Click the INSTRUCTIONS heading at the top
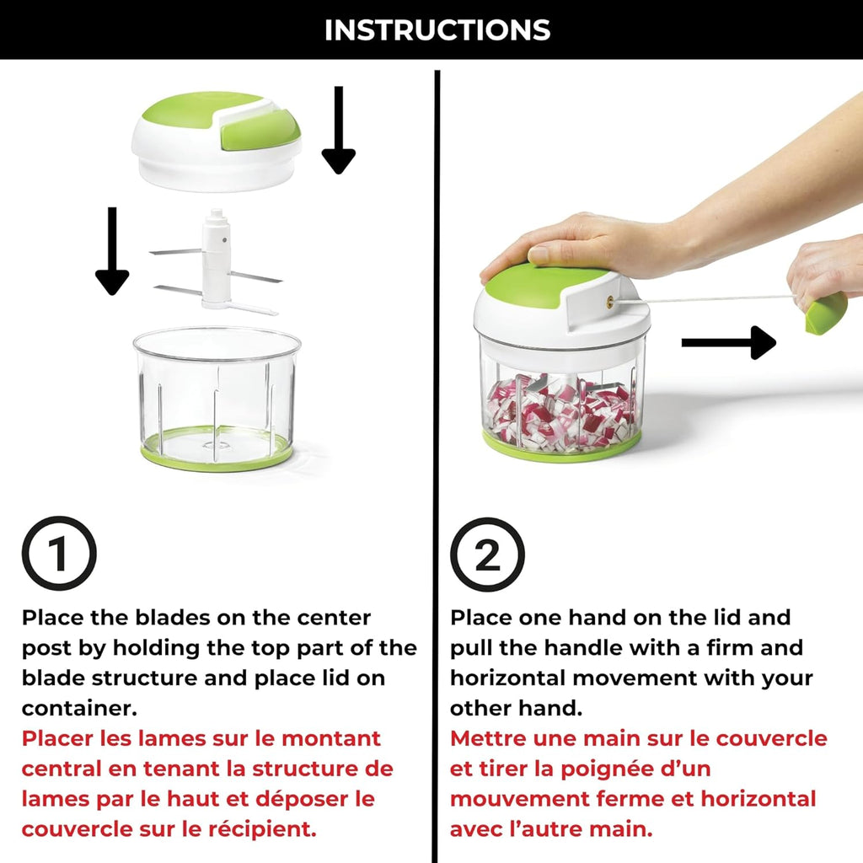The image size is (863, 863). point(437,30)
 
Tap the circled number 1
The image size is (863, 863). point(58,554)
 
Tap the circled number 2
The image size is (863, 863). point(486,554)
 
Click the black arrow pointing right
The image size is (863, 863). point(728,342)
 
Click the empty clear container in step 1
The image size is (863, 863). point(217,396)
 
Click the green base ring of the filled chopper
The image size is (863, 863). point(560,448)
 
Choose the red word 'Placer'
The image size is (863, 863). point(57,738)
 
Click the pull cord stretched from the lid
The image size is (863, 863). point(708,297)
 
